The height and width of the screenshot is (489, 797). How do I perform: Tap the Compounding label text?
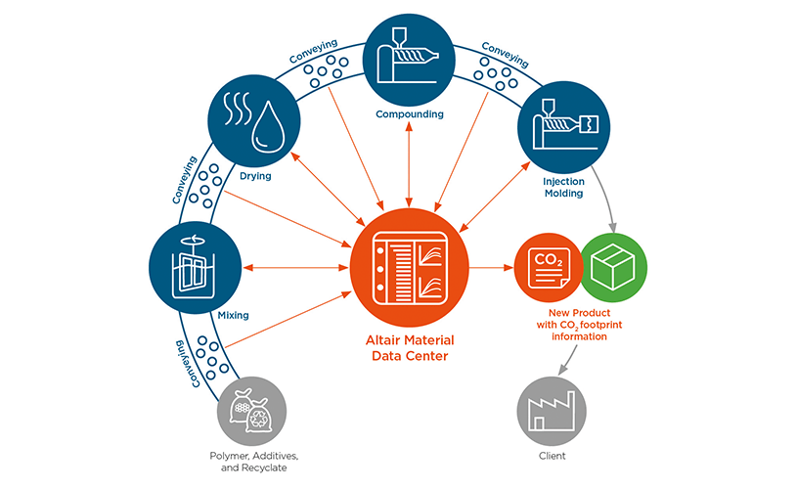410,113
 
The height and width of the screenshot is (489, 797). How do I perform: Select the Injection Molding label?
562,187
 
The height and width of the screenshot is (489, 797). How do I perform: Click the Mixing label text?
234,315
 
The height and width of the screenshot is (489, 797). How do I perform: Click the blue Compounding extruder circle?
409,57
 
